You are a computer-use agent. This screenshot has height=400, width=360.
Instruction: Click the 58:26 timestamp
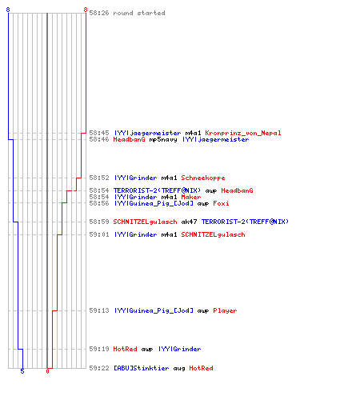(99, 13)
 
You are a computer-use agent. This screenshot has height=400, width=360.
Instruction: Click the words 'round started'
(139, 13)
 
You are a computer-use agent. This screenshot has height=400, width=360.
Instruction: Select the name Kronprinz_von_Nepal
(243, 133)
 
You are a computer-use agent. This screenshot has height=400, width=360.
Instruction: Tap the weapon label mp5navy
(163, 139)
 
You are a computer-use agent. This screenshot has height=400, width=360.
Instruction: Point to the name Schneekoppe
(203, 178)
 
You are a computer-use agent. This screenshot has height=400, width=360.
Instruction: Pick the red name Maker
(191, 197)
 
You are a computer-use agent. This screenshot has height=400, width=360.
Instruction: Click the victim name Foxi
(221, 203)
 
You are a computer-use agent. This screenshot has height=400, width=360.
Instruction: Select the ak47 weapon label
(189, 222)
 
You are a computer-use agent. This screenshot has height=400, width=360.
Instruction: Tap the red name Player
(225, 310)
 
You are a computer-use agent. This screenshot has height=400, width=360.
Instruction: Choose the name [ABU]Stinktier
(141, 368)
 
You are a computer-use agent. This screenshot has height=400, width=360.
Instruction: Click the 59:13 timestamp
(99, 310)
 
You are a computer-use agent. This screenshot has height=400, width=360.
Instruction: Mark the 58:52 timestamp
(99, 178)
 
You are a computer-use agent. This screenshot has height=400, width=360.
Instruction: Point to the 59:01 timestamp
(99, 234)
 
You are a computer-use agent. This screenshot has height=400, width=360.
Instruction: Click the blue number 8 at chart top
(8, 10)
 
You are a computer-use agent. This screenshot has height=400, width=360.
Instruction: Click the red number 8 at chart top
(86, 10)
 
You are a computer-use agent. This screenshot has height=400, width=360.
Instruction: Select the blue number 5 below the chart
(22, 371)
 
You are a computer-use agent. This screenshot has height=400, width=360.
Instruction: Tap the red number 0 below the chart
(47, 371)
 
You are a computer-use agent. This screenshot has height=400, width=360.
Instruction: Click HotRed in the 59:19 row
(125, 349)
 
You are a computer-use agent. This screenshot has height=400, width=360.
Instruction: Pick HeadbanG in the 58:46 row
(129, 139)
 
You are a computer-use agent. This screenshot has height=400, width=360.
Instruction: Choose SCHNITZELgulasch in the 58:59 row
(145, 222)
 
